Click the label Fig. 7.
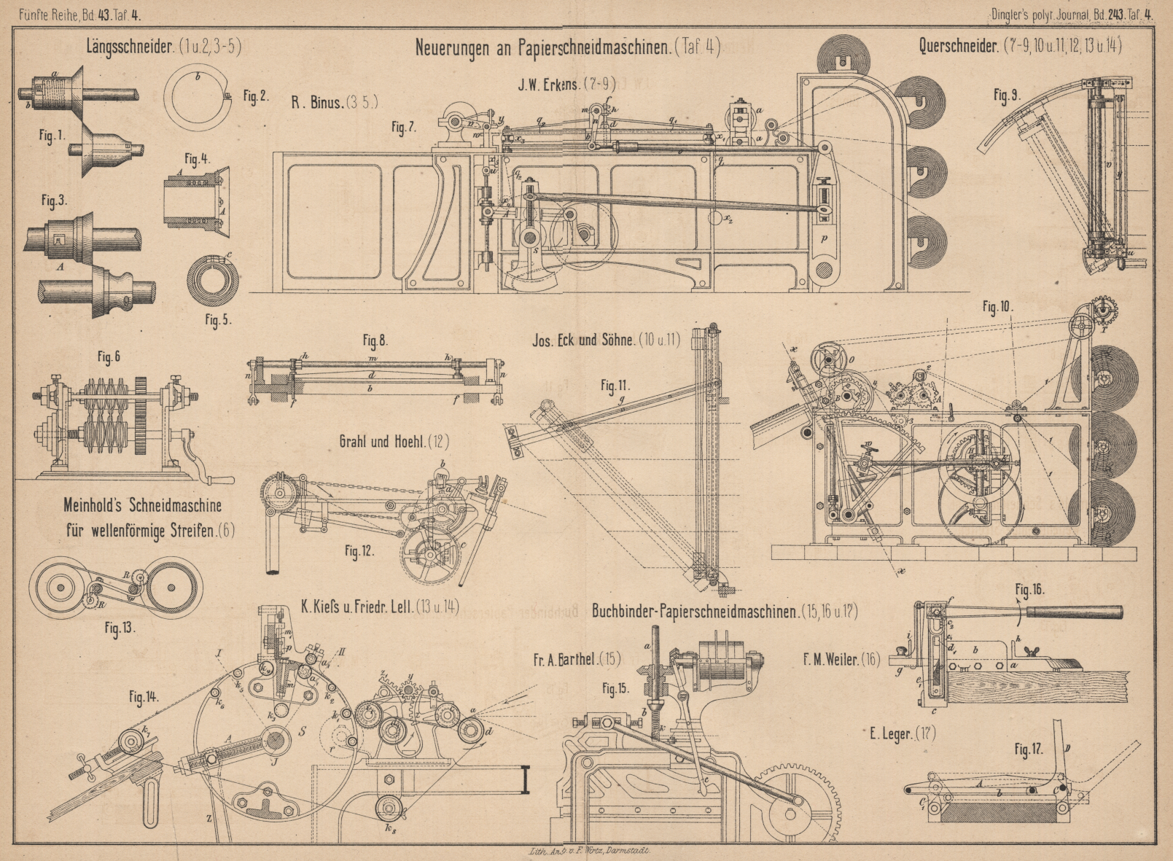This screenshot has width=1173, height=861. coord(404,128)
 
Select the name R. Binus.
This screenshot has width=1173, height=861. coord(317,103)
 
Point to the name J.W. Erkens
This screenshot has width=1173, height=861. coord(548,85)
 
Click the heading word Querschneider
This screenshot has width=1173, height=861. coord(958,46)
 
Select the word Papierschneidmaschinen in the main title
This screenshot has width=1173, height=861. coord(593,47)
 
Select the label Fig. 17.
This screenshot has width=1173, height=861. coord(1029,749)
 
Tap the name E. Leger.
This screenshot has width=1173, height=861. coord(891,733)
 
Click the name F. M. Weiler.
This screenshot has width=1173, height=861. coord(830,660)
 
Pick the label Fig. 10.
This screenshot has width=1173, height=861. coord(997,307)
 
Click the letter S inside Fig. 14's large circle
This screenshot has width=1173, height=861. coord(302,730)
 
